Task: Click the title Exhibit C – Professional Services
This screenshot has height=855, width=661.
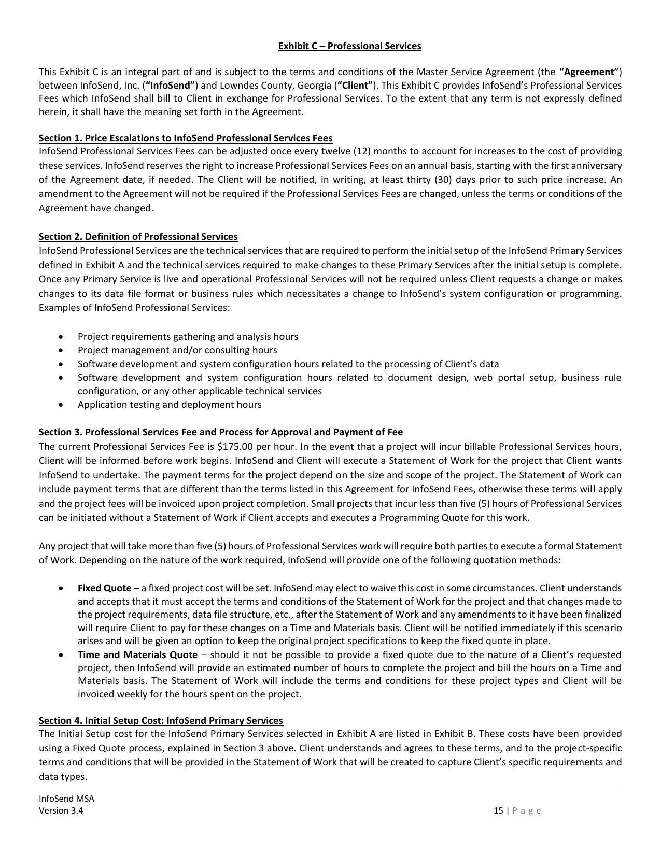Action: tap(349, 46)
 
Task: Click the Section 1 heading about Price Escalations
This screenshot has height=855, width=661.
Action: tap(186, 138)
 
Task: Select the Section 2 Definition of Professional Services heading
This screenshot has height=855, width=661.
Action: tap(138, 237)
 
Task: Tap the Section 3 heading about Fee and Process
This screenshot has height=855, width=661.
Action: tap(221, 432)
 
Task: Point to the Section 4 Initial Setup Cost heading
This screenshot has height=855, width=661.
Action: tap(161, 721)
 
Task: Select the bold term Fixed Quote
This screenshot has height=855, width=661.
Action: tap(104, 588)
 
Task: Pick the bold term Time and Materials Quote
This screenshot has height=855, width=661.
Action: tap(137, 655)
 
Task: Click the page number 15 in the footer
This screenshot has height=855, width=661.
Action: tap(498, 811)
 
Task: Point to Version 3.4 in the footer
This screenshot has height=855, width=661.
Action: tap(61, 811)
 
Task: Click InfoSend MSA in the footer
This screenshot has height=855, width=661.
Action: tap(66, 799)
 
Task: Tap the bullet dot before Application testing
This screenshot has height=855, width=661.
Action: tap(62, 405)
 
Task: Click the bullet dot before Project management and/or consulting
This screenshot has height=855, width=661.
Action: tap(62, 351)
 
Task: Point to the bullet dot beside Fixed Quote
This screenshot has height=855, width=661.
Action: tap(62, 589)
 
